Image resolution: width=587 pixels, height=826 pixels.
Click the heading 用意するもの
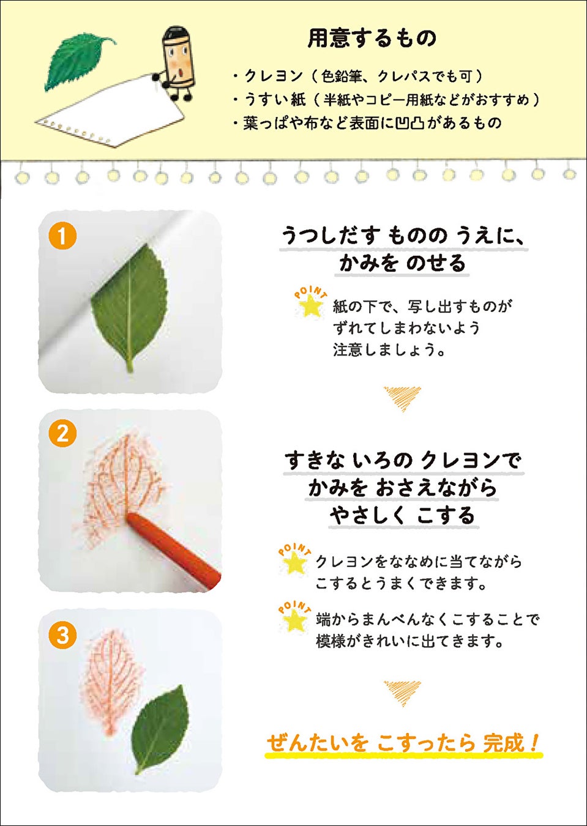(x=372, y=39)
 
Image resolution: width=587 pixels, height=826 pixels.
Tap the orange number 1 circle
(x=62, y=236)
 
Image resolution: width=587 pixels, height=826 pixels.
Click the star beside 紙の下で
(x=310, y=306)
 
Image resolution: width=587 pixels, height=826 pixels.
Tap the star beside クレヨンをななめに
(x=294, y=563)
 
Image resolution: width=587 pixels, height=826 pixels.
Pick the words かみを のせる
(x=402, y=264)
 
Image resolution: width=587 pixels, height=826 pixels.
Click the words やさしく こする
(x=403, y=516)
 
